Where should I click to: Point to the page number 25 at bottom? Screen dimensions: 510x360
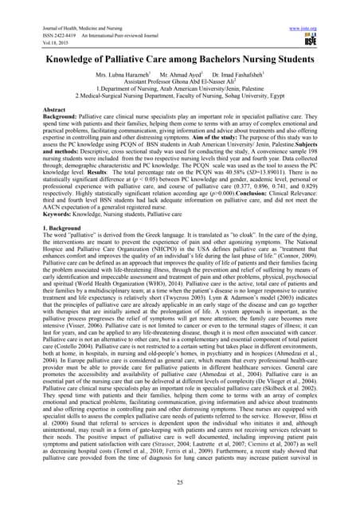pyautogui.click(x=179, y=484)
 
